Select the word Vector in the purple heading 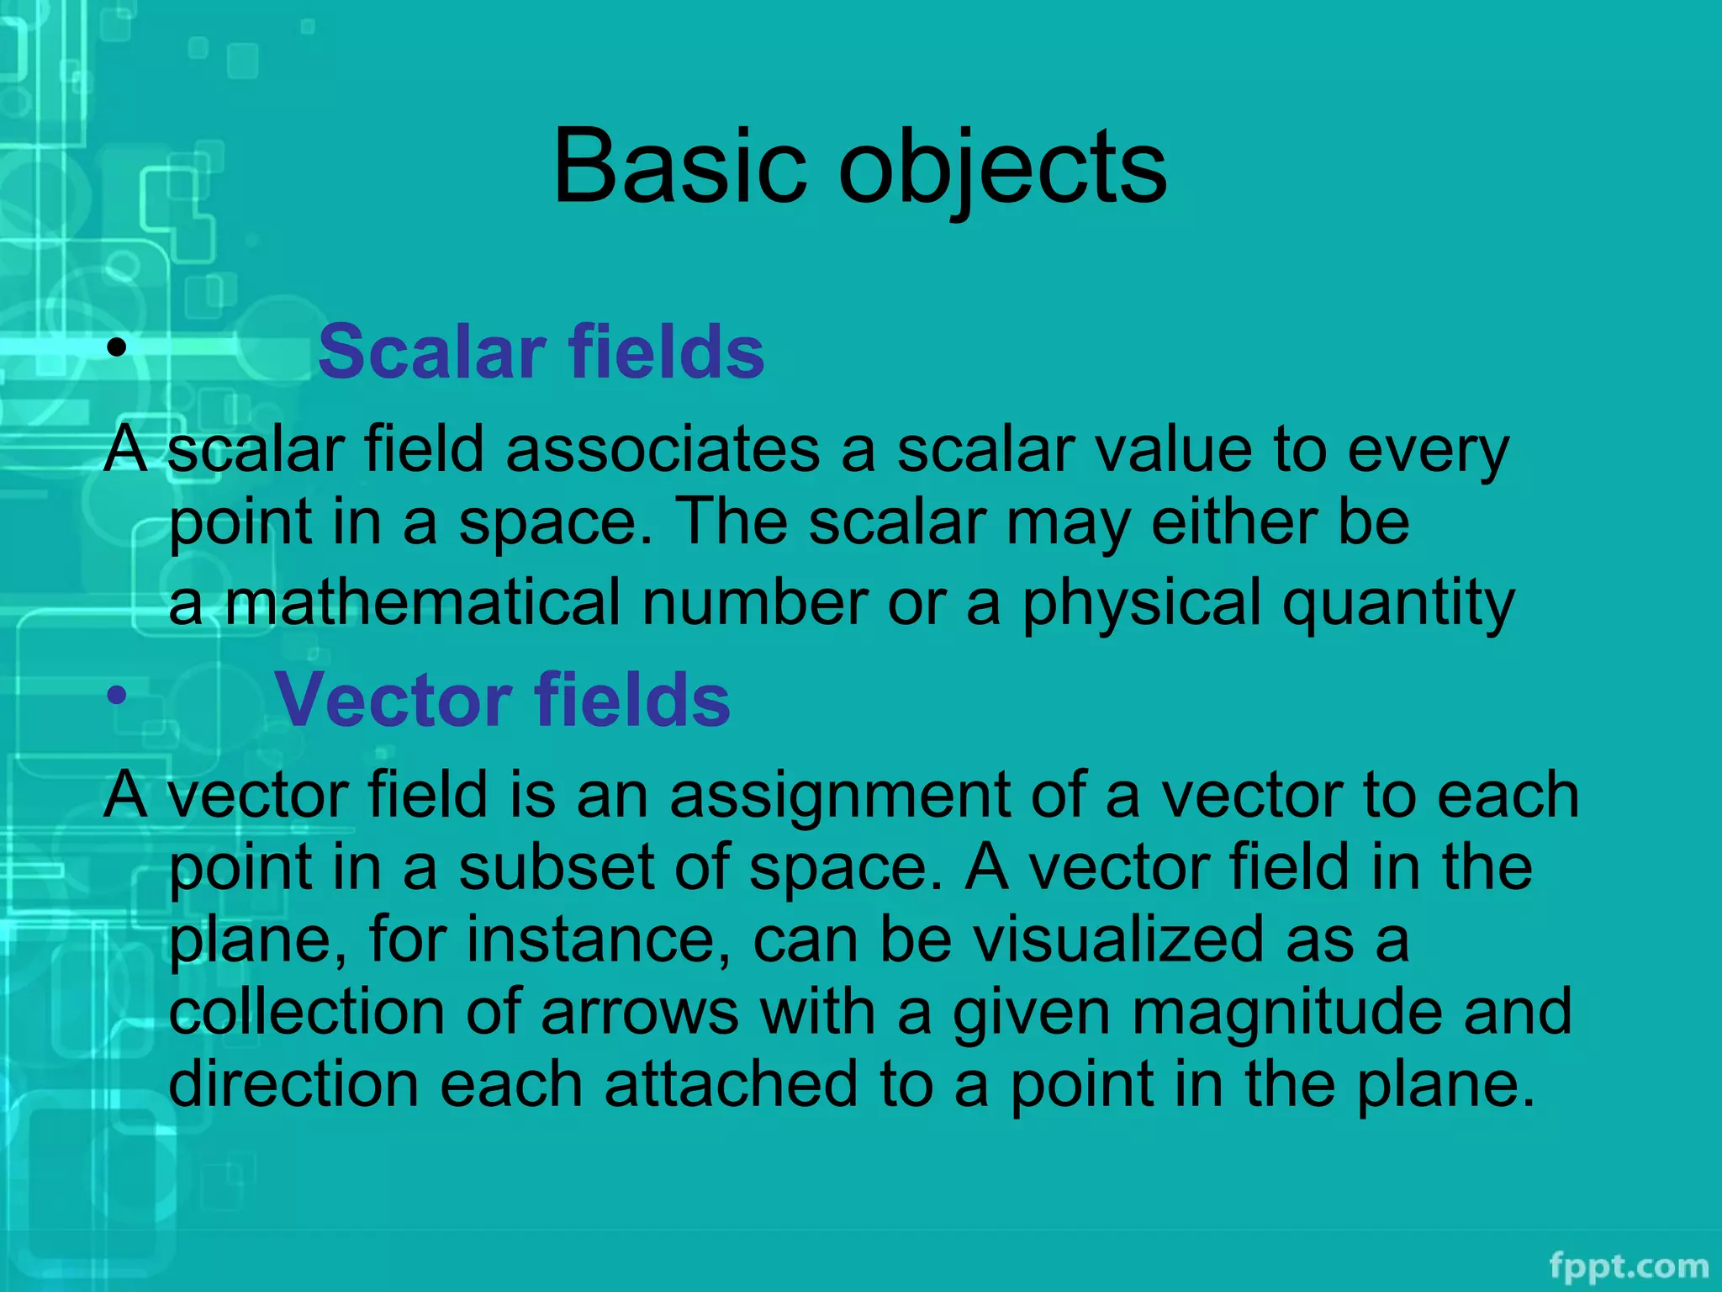393,700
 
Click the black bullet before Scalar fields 117,347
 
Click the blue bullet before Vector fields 117,695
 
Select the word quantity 1397,604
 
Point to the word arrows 640,1013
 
